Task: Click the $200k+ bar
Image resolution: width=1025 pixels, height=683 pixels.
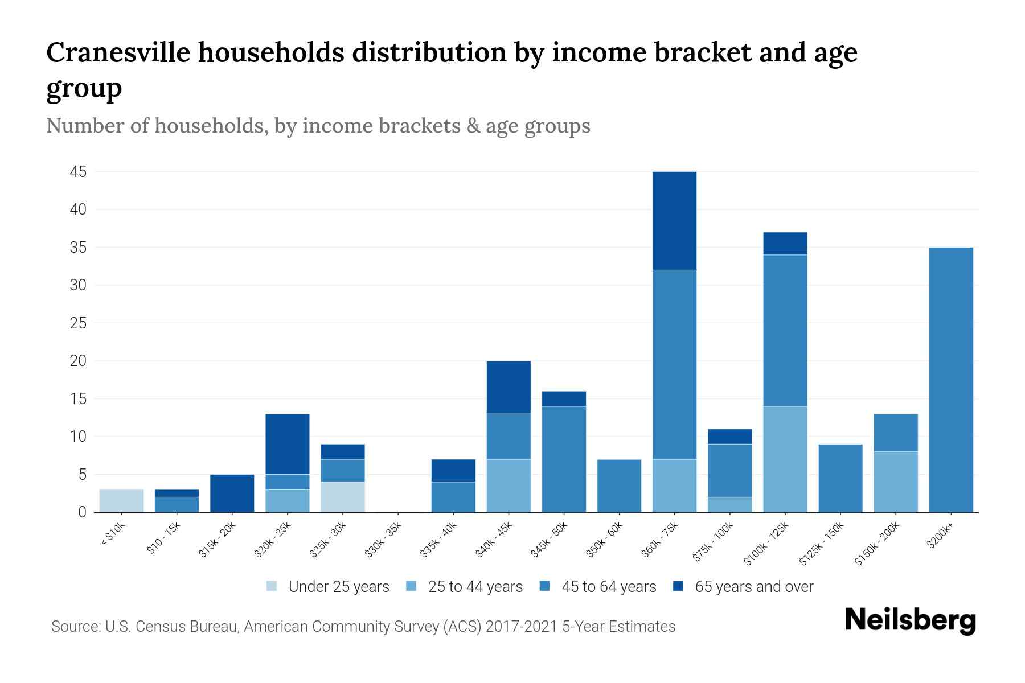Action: coord(950,380)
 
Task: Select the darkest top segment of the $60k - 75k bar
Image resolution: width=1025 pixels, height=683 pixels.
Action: coord(674,221)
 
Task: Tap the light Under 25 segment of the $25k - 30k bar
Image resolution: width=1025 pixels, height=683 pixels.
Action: coord(343,497)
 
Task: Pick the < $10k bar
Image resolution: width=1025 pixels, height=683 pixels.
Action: coord(121,501)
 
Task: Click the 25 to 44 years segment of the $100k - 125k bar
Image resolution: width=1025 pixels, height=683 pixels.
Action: coord(785,459)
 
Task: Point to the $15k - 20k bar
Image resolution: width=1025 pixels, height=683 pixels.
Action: coord(232,493)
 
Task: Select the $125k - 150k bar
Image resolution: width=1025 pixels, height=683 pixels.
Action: coord(840,478)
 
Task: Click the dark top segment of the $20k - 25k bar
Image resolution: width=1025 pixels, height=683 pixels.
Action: coord(288,444)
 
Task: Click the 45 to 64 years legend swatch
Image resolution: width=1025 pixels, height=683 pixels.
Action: coord(545,586)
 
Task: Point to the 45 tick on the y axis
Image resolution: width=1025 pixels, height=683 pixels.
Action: coord(78,172)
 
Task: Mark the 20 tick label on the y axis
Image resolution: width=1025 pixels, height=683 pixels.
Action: coord(78,361)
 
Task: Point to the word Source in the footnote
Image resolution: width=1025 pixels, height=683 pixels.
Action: coord(75,627)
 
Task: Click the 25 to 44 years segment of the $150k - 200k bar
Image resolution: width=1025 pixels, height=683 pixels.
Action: coord(895,482)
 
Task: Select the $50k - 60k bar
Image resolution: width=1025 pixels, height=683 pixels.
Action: coord(619,485)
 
